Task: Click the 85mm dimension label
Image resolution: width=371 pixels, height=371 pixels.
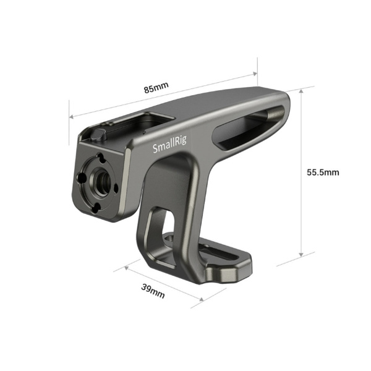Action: pos(156,88)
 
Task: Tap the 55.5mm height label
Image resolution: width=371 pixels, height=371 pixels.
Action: pos(323,172)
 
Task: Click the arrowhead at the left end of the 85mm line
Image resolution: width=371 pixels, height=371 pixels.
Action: pos(71,116)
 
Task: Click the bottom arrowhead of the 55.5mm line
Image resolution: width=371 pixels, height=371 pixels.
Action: pos(301,254)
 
